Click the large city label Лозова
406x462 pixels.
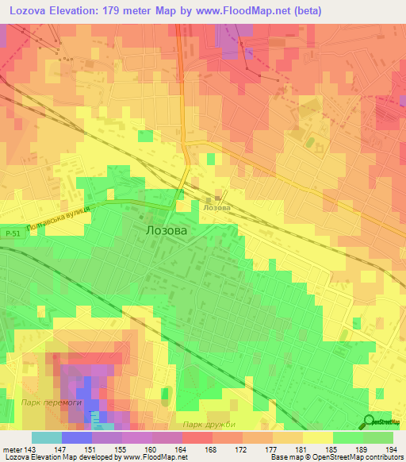coord(167,231)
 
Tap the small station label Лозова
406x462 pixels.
coord(216,208)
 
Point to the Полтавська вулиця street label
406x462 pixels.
coord(58,219)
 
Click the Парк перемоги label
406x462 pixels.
coord(52,403)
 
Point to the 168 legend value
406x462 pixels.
coord(211,449)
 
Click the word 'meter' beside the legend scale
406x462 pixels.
coord(10,449)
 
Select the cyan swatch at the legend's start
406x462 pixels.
coord(46,437)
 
